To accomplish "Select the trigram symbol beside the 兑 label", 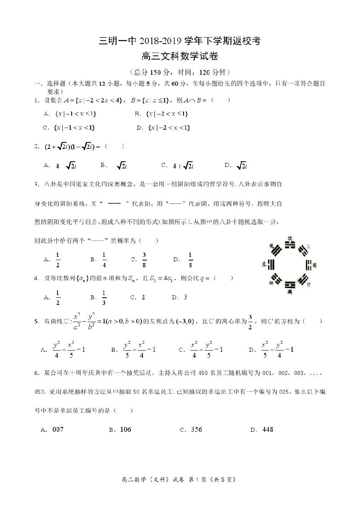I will [x=272, y=265].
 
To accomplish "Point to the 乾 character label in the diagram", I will [x=271, y=246].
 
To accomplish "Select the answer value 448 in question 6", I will [x=268, y=429].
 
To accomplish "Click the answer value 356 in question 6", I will [x=196, y=429].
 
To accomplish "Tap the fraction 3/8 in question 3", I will [x=144, y=260].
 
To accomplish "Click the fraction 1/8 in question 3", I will [x=190, y=260].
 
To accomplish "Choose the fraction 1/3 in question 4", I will [x=104, y=297].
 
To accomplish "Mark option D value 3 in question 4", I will [x=185, y=297].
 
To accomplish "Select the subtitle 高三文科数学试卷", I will [x=180, y=57].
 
